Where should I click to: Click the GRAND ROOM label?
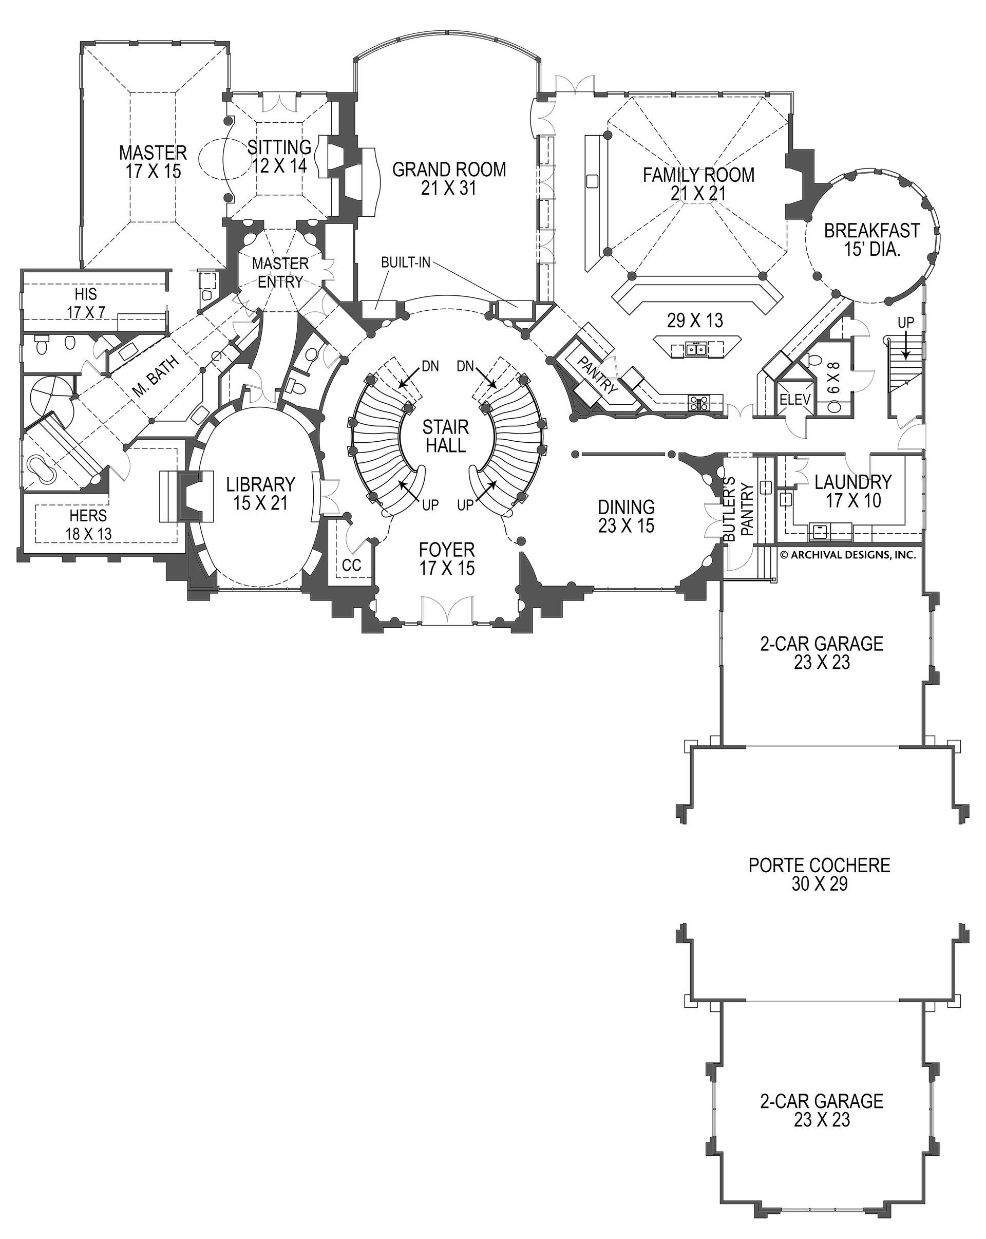pos(449,178)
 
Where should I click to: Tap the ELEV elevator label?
pos(794,400)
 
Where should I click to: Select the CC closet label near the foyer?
pos(352,566)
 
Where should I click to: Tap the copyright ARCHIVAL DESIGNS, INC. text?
pos(847,555)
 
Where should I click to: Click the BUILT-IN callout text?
pos(406,263)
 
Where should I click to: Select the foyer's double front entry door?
pos(448,610)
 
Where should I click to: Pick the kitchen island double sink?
pos(696,348)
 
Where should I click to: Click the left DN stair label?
pos(430,366)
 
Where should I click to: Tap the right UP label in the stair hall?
pos(465,505)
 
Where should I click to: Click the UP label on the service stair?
pos(905,323)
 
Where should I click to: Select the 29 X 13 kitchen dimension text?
pos(695,320)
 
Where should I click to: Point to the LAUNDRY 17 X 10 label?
pos(854,491)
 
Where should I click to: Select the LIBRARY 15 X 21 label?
pos(260,494)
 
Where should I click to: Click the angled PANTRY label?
pos(597,374)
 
